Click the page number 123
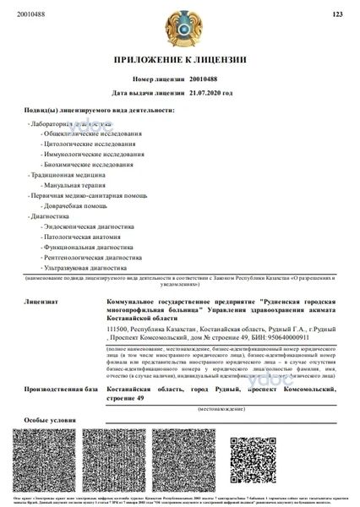click(x=336, y=14)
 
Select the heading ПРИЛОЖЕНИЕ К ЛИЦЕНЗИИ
click(x=180, y=61)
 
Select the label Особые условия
click(x=45, y=420)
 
